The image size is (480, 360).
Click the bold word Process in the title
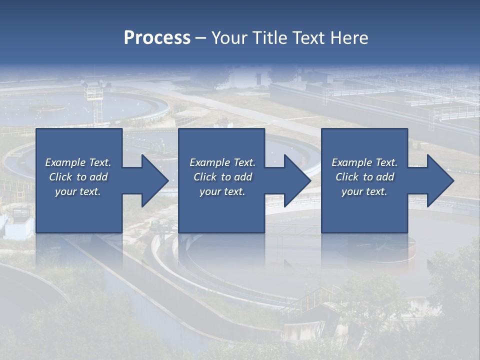point(157,38)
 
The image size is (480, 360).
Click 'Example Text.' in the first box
point(78,162)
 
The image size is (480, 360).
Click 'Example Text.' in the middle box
point(222,162)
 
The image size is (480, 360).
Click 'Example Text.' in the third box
point(364,162)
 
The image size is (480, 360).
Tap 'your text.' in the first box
point(78,191)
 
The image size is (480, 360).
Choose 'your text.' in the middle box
point(222,191)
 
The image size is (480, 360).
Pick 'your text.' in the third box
point(364,191)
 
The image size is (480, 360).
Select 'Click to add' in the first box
point(78,177)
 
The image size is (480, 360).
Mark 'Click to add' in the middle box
point(222,177)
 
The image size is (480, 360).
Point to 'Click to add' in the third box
point(364,177)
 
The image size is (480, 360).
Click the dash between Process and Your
point(200,38)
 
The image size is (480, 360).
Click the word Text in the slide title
point(309,38)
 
